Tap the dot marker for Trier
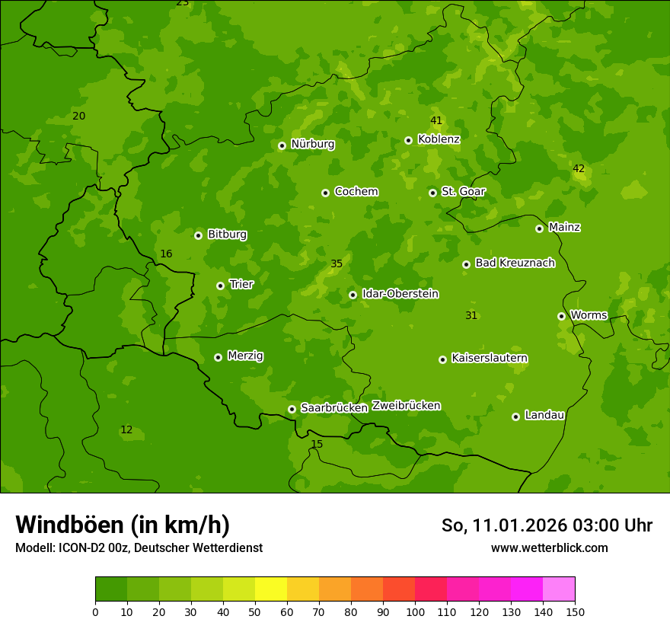point(220,286)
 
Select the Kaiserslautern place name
point(490,358)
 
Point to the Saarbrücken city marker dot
point(292,409)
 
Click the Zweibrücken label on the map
point(406,406)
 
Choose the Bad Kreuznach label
point(515,263)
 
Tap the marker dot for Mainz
point(539,228)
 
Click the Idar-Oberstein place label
point(400,294)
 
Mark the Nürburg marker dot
point(282,145)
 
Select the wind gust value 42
point(579,168)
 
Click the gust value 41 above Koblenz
point(436,120)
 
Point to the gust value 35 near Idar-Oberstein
point(337,264)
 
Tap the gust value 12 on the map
point(126,430)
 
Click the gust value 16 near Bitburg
point(166,254)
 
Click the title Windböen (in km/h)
point(123,525)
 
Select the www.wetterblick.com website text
point(549,548)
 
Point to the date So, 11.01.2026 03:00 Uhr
point(547,525)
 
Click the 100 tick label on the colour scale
point(415,611)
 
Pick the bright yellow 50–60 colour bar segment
point(271,589)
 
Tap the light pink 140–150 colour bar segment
point(559,589)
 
